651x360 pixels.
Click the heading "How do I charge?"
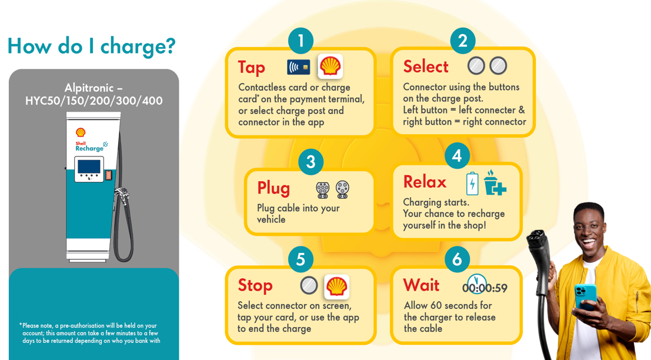[x=91, y=46]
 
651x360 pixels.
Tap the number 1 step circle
[x=301, y=41]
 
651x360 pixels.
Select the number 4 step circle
[x=457, y=156]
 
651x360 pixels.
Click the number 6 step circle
[x=457, y=259]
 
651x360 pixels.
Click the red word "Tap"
[x=252, y=67]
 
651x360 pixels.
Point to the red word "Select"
[x=426, y=66]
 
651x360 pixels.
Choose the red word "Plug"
[x=273, y=188]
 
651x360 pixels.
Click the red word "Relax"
[x=425, y=182]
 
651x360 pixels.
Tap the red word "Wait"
[x=421, y=285]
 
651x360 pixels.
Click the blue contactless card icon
[x=299, y=67]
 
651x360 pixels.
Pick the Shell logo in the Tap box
[x=330, y=66]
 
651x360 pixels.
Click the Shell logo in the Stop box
[x=337, y=286]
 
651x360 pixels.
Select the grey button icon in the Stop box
[x=309, y=286]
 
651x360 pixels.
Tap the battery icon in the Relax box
[x=472, y=184]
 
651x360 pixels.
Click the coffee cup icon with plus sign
[x=494, y=183]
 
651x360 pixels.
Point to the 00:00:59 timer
[x=485, y=287]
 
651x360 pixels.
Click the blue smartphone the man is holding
[x=585, y=297]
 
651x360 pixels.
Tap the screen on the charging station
[x=89, y=166]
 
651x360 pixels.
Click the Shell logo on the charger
[x=81, y=132]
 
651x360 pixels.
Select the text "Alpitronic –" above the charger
[x=94, y=88]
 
